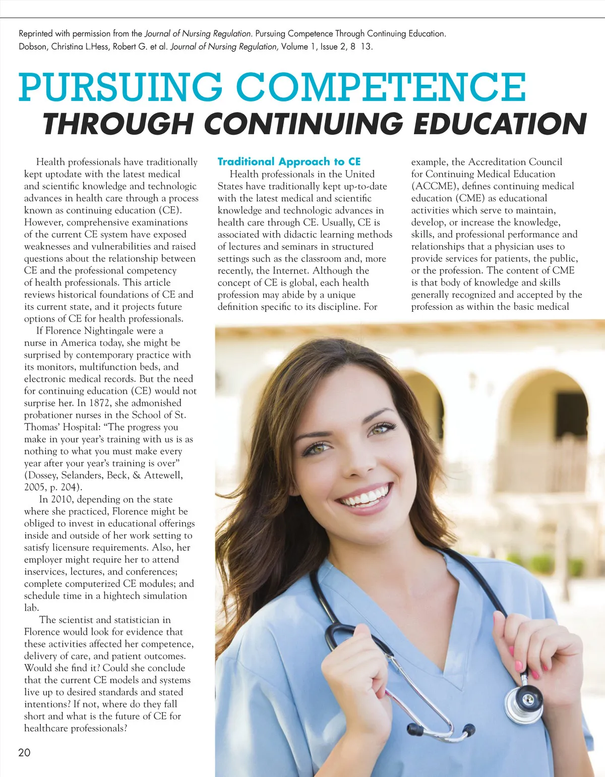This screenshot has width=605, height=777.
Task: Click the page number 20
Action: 24,752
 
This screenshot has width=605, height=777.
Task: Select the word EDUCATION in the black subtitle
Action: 500,124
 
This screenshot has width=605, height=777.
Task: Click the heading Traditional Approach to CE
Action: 289,161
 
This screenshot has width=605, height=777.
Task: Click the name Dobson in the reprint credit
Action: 32,46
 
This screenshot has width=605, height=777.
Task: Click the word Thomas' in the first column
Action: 41,427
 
